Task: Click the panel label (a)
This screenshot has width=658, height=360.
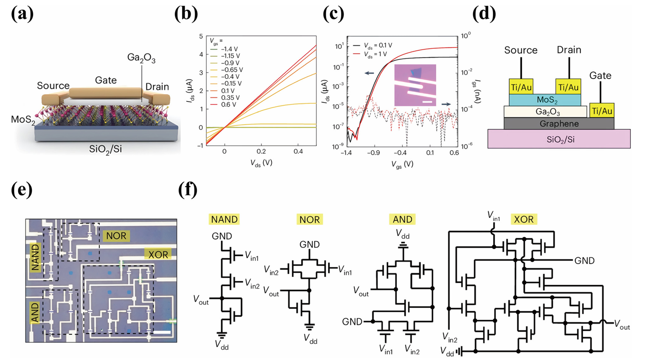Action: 23,14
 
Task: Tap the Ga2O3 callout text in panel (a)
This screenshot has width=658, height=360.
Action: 141,58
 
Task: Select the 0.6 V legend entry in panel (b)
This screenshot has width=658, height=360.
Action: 228,105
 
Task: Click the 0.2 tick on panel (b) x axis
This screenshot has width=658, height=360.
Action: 261,151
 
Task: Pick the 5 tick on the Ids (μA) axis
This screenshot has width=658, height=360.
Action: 201,36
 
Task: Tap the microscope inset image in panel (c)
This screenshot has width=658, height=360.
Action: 415,85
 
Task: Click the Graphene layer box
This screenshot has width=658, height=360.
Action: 559,124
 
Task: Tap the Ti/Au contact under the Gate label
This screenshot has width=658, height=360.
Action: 602,111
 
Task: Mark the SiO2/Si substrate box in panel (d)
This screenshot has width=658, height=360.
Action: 559,139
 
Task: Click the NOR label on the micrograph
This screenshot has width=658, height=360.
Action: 116,236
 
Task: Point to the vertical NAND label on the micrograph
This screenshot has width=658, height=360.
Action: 35,257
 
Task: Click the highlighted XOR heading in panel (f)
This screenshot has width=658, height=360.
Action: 523,219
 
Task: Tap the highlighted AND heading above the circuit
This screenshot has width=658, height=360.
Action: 402,219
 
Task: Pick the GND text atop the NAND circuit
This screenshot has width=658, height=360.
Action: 222,236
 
